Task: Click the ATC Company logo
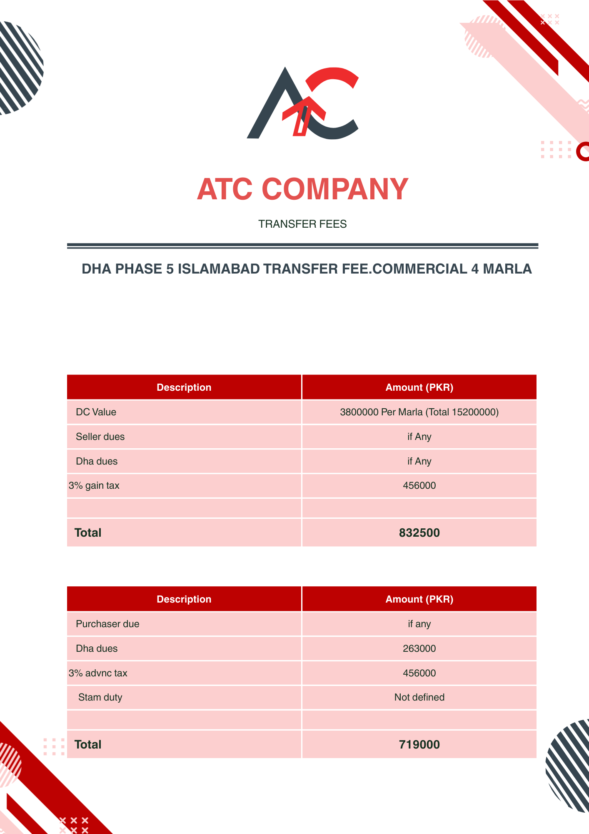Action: coord(303,103)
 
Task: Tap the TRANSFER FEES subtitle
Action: coord(302,224)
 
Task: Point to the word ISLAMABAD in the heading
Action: coord(219,269)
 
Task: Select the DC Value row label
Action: coord(96,412)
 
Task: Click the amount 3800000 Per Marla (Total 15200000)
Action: coord(419,412)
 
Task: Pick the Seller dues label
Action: coord(100,437)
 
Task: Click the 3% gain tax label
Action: coord(94,486)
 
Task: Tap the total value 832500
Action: coord(419,533)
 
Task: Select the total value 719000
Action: coord(419,745)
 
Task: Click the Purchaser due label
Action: coord(107,624)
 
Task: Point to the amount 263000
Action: coord(419,649)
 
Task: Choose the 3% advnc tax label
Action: coord(98,673)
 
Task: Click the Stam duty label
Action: coord(100,698)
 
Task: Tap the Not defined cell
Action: coord(419,698)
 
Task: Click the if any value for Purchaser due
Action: coord(419,624)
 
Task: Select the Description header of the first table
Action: coord(184,388)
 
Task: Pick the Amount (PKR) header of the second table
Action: coord(419,600)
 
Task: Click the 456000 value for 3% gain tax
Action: coord(419,486)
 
